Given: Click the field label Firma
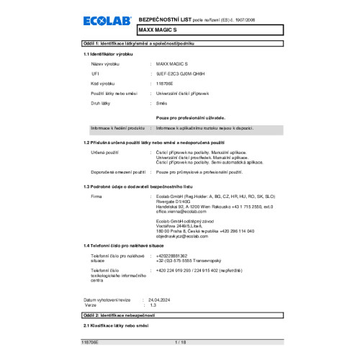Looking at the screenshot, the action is [96, 196].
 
